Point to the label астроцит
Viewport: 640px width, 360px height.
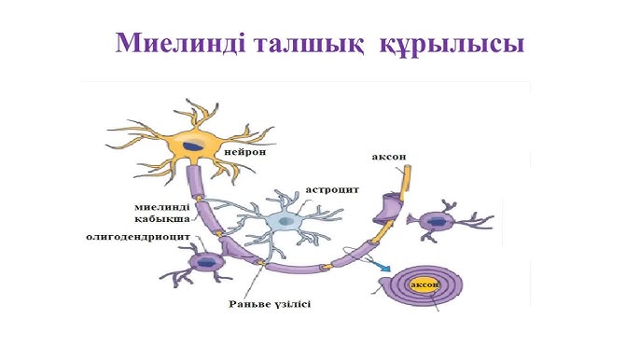(333, 189)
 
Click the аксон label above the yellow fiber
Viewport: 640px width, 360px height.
(388, 158)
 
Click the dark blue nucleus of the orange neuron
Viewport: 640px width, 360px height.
(192, 146)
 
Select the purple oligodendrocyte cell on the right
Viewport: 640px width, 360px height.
(436, 222)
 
